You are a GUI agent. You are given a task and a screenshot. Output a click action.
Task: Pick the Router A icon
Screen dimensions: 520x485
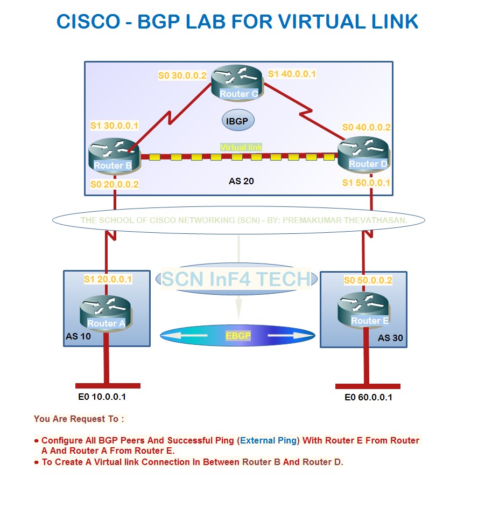coord(105,313)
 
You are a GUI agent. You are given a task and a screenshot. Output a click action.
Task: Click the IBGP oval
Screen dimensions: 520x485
coord(237,121)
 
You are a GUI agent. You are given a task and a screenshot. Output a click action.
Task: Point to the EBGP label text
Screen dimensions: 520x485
coord(238,335)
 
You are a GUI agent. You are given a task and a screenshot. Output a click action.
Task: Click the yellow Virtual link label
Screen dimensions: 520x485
coord(241,147)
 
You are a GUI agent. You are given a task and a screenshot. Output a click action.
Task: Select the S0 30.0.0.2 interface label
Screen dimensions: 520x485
coord(182,75)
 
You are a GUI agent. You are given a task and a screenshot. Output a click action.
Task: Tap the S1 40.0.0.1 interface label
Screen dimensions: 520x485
coord(292,74)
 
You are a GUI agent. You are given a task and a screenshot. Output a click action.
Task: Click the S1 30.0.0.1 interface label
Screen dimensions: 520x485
coord(114,126)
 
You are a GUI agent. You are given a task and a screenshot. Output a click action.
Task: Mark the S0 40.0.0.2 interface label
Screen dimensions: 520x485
coord(367,128)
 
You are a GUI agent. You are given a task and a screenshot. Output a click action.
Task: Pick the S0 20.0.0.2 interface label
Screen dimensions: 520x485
coord(114,184)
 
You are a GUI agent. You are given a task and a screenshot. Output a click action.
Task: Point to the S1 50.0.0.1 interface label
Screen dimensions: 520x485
coord(367,183)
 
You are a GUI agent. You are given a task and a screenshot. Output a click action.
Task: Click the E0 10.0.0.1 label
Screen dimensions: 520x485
coord(102,397)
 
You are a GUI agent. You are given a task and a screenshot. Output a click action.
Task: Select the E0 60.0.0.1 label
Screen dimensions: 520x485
coord(368,398)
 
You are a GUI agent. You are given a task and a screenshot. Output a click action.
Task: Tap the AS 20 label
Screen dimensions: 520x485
coord(241,181)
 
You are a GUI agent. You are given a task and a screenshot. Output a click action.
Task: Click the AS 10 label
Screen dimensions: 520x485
coord(78,336)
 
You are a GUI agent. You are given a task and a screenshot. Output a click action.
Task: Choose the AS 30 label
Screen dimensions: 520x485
coord(390,338)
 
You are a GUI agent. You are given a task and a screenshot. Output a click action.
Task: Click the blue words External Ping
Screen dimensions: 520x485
coord(268,440)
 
